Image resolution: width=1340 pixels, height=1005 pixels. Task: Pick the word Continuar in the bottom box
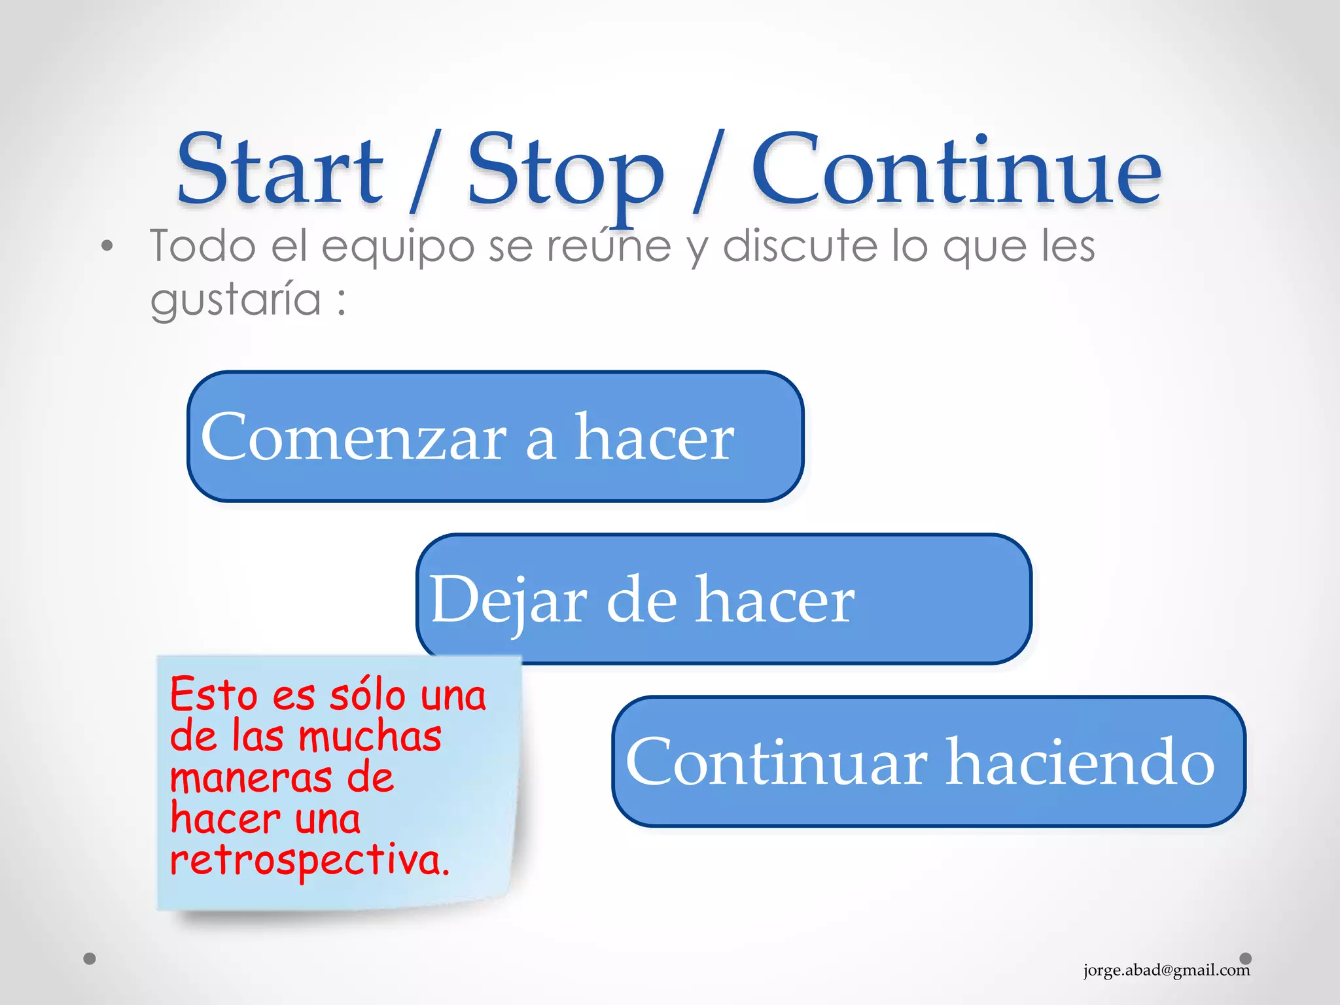776,762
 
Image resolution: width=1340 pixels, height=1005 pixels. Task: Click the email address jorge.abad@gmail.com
1166,970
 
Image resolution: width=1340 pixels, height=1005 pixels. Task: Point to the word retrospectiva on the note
309,860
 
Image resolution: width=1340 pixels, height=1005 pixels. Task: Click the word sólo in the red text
366,695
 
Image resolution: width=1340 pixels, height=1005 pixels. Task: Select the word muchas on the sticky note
370,737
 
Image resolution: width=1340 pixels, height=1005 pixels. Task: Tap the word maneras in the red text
251,778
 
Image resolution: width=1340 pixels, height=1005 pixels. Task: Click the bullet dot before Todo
107,247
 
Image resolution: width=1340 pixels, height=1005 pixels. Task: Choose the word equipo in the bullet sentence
397,247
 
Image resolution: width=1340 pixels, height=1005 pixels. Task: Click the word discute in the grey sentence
800,246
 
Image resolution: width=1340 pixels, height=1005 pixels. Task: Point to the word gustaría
236,300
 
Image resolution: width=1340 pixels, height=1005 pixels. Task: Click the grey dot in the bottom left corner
90,959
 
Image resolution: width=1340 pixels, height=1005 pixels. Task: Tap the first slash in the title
425,171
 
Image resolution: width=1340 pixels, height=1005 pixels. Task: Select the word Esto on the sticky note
213,695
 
